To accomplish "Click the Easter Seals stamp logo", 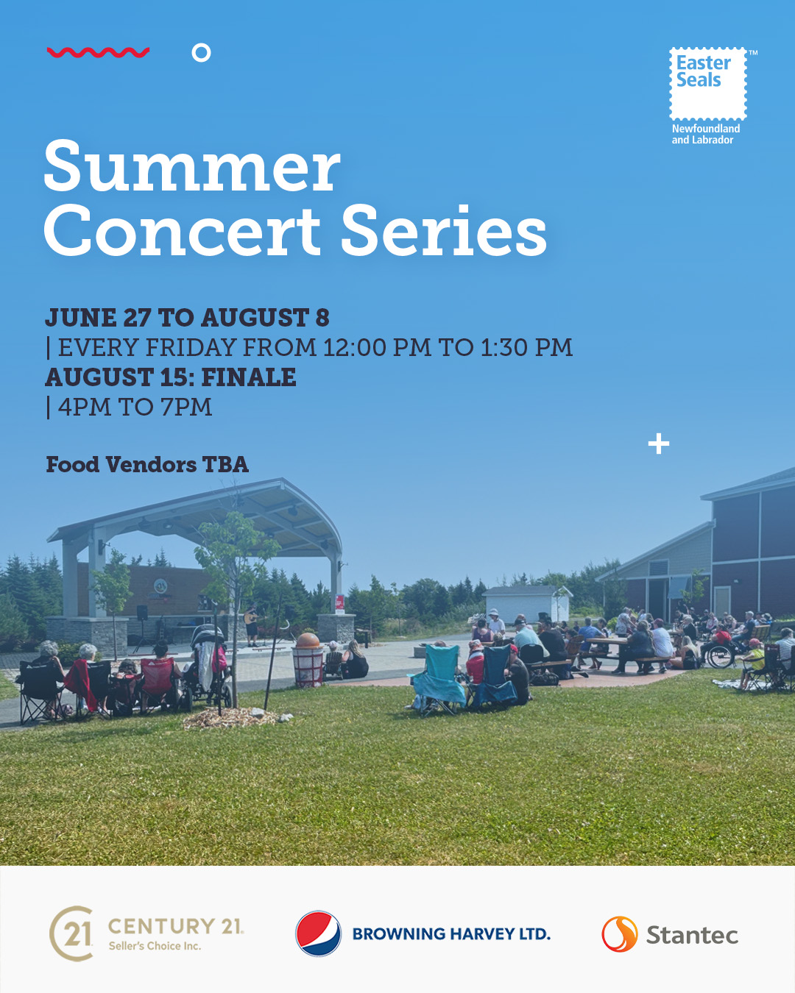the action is pyautogui.click(x=707, y=84).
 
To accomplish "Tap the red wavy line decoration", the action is pyautogui.click(x=98, y=52).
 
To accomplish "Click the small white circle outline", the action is pyautogui.click(x=202, y=53).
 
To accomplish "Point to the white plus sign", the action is pyautogui.click(x=658, y=444).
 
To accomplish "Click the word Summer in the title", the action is pyautogui.click(x=192, y=166).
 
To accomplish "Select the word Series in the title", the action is pyautogui.click(x=444, y=230).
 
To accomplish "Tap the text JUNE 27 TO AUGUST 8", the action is pyautogui.click(x=187, y=318).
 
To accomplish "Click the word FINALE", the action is pyautogui.click(x=249, y=377).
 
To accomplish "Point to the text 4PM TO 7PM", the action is pyautogui.click(x=135, y=407).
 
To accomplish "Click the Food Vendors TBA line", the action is pyautogui.click(x=147, y=464).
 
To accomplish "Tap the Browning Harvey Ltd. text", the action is pyautogui.click(x=451, y=934).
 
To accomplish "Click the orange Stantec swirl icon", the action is pyautogui.click(x=620, y=934).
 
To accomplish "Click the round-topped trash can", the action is pyautogui.click(x=308, y=660).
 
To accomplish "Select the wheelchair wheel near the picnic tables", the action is pyautogui.click(x=721, y=655).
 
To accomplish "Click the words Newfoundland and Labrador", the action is pyautogui.click(x=705, y=135).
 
